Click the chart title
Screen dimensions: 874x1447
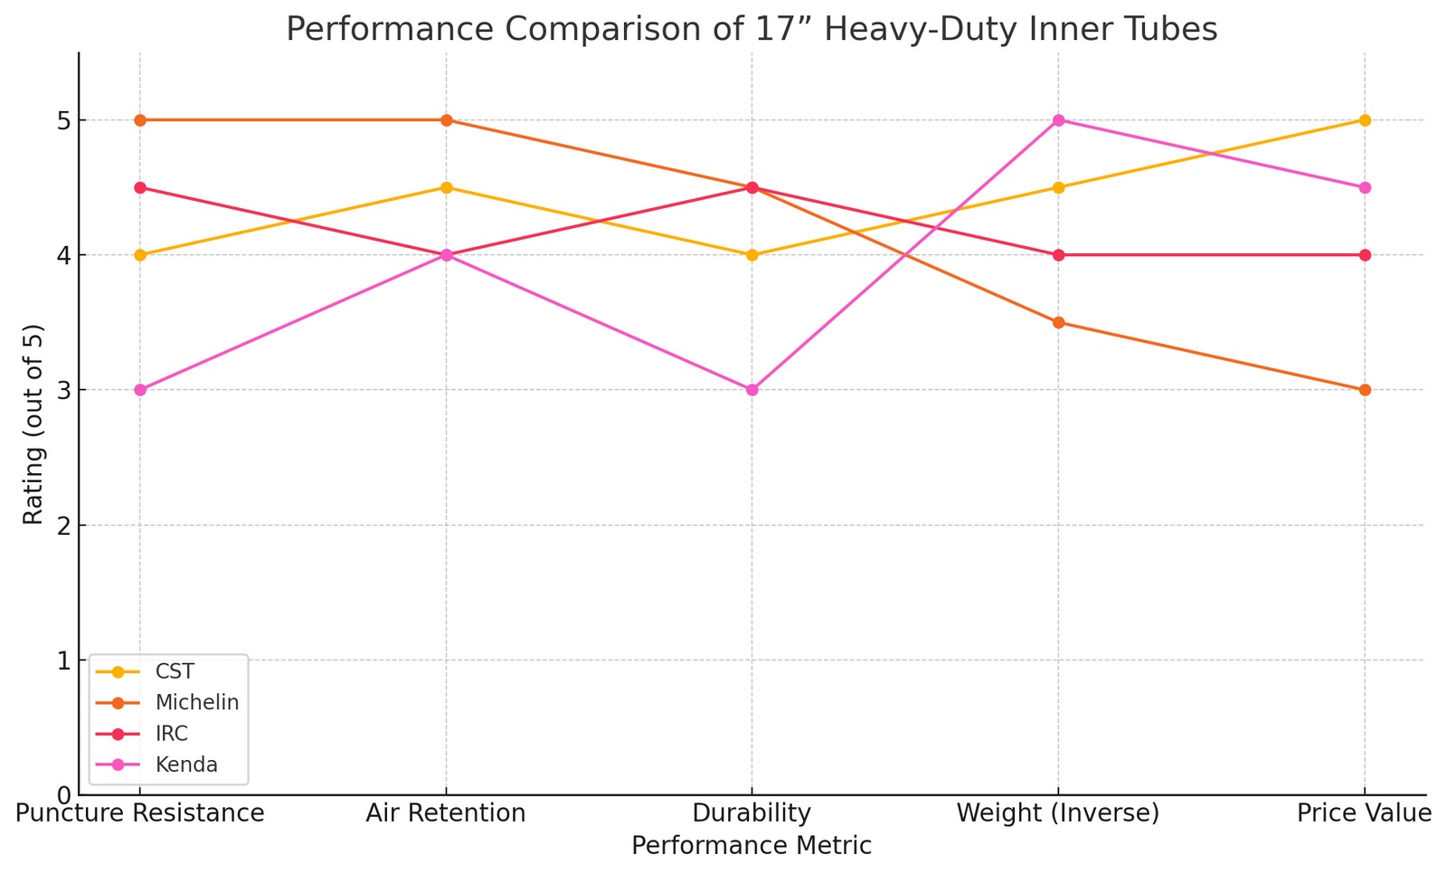point(752,30)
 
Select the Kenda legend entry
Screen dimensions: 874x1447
point(186,765)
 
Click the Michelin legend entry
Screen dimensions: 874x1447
point(196,702)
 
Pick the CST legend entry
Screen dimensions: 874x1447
point(175,671)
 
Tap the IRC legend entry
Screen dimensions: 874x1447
point(172,734)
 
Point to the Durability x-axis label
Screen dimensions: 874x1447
point(752,813)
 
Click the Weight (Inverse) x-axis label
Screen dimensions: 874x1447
point(1058,813)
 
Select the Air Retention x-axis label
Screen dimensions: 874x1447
point(446,813)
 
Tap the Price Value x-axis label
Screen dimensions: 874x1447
point(1364,813)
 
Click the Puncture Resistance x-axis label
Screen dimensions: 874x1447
point(140,813)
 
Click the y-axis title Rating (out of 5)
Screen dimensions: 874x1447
point(33,423)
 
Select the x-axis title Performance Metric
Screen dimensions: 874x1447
point(752,846)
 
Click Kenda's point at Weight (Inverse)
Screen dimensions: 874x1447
point(1058,120)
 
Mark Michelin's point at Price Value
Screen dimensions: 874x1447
point(1365,390)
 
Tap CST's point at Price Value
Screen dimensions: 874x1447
point(1365,120)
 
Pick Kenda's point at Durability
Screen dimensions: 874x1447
point(752,390)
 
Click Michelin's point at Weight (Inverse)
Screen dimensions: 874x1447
point(1058,322)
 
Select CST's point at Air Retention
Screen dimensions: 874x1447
point(446,187)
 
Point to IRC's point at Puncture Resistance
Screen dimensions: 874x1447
point(140,187)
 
